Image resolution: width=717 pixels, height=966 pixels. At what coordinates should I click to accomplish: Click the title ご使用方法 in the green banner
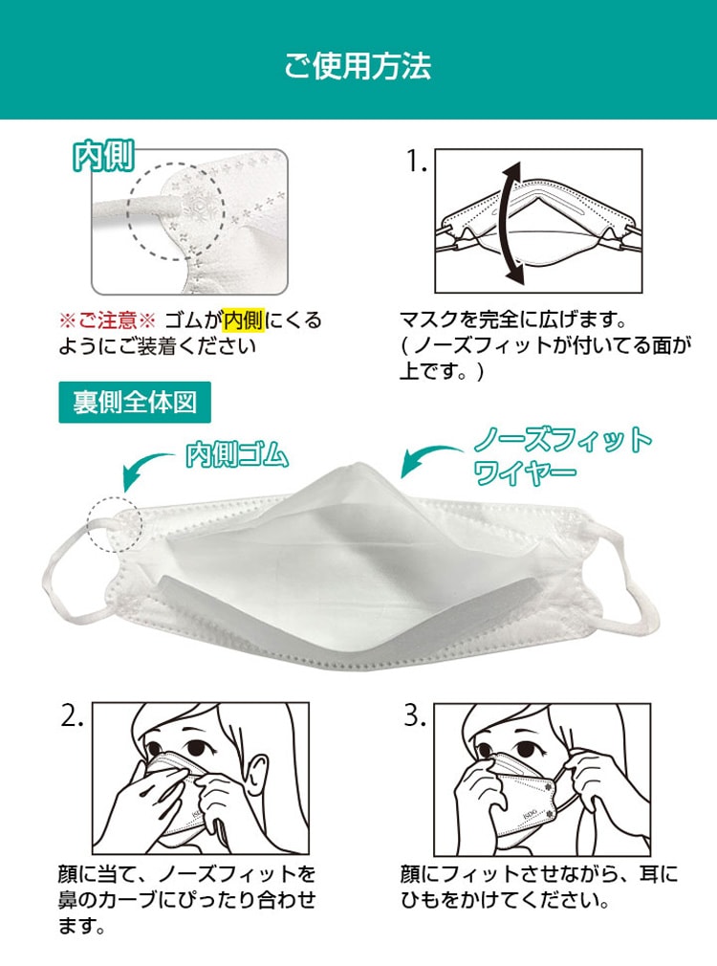358,65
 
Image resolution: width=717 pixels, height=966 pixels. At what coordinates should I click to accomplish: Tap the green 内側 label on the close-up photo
103,157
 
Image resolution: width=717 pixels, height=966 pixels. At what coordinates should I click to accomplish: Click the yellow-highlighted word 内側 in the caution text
244,320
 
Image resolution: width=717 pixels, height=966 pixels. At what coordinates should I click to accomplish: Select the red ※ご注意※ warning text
107,320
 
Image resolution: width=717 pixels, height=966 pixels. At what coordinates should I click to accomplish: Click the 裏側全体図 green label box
135,403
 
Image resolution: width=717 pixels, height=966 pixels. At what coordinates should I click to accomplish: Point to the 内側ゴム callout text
237,455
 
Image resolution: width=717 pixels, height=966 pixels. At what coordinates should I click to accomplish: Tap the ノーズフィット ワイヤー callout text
562,456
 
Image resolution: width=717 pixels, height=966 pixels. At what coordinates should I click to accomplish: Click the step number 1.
416,162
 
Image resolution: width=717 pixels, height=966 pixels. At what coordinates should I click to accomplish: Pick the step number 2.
72,715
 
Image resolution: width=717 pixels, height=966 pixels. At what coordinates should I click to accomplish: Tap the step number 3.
415,715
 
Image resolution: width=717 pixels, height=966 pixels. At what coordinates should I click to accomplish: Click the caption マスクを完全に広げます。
514,319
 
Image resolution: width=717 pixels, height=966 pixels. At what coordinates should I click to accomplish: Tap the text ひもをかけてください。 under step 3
506,900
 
